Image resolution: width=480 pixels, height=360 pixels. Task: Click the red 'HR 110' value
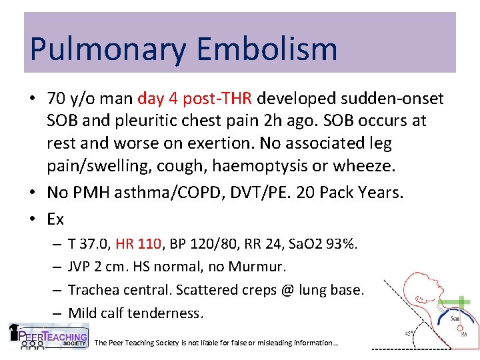[x=139, y=244]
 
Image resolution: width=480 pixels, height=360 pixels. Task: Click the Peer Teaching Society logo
[x=49, y=336]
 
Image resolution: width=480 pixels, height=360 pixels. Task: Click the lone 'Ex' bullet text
[x=55, y=218]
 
